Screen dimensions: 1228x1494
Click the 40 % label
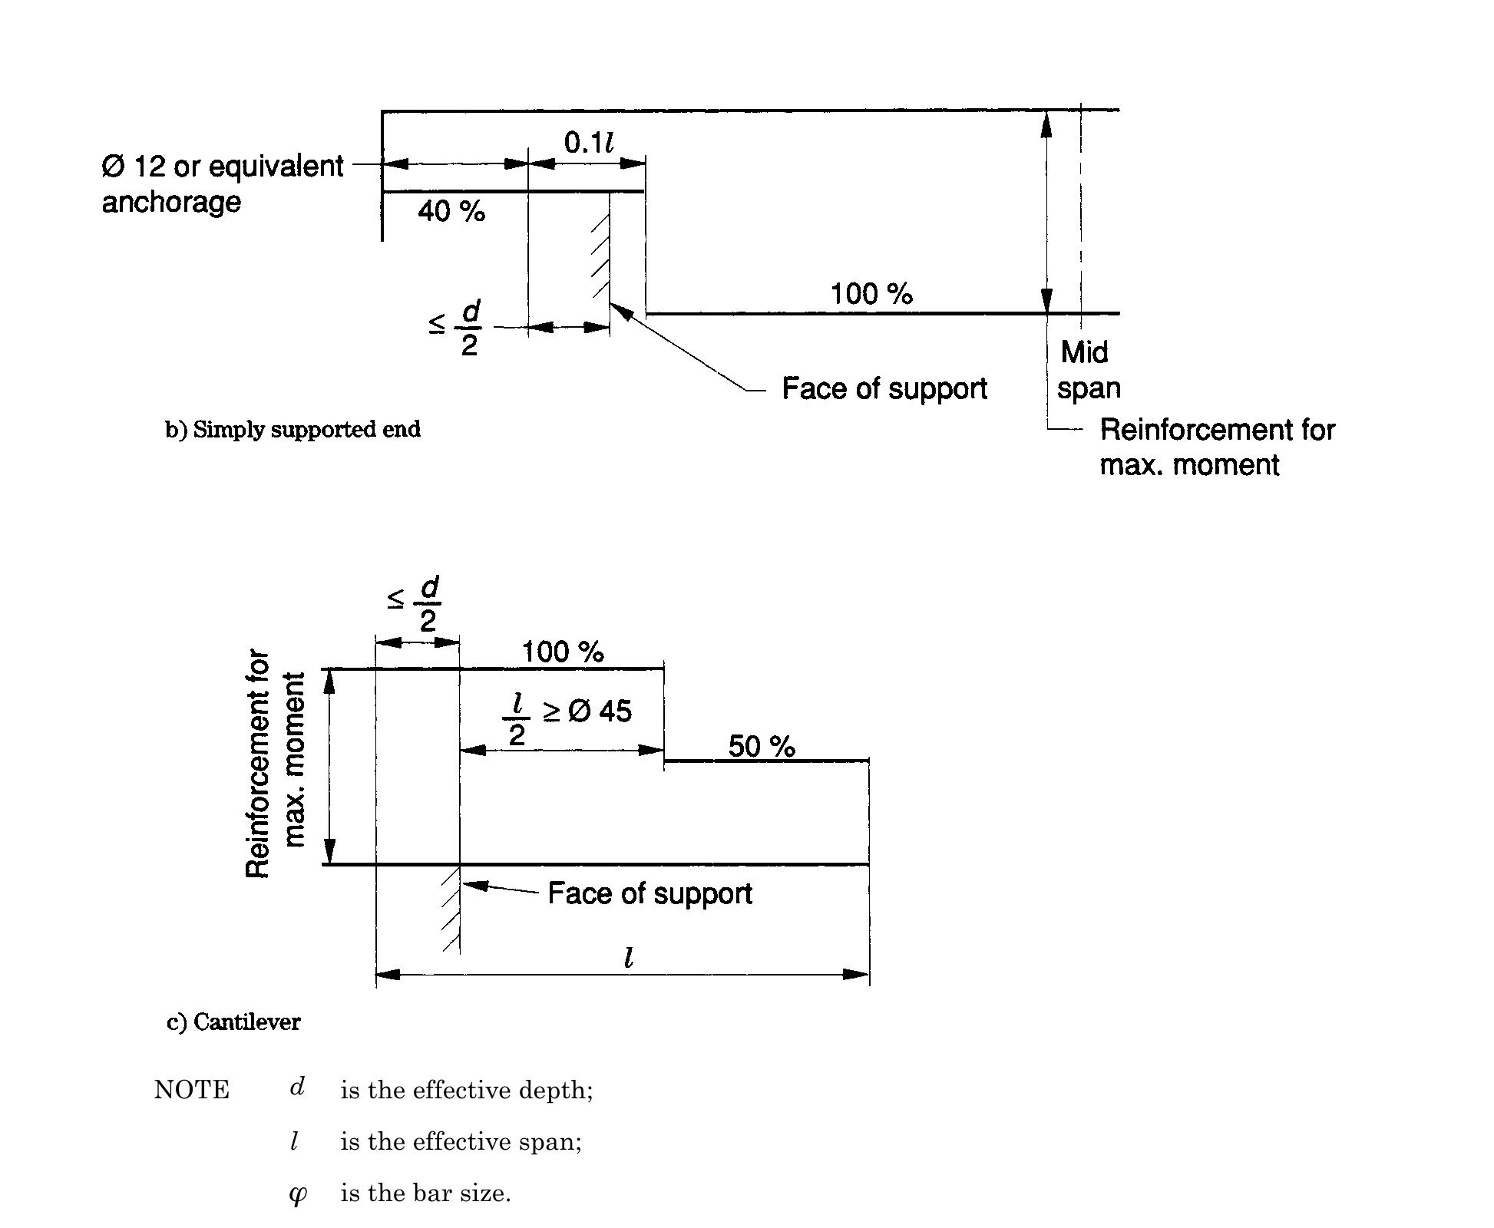[451, 211]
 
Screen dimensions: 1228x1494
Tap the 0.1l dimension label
[588, 142]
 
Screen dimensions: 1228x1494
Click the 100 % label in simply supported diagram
[871, 294]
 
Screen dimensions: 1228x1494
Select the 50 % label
[762, 746]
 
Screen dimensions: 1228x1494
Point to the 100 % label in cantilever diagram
[563, 652]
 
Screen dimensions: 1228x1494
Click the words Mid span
[1087, 370]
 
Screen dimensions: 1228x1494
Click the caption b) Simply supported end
[293, 429]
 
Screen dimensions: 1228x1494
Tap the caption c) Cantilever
[233, 1022]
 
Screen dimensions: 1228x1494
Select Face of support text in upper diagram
[884, 388]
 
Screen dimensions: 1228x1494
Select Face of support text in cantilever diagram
[649, 893]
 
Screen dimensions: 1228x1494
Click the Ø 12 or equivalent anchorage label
[223, 184]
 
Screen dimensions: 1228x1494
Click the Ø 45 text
[600, 711]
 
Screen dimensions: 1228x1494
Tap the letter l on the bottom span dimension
[629, 957]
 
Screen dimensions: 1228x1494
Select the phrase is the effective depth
[467, 1091]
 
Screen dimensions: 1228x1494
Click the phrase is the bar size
[425, 1193]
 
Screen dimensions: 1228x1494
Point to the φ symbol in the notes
[297, 1194]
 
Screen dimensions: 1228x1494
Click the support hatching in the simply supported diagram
[600, 257]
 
